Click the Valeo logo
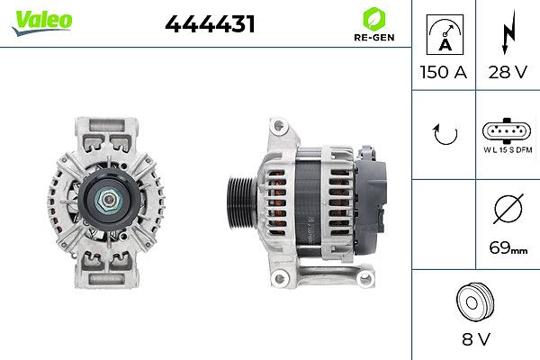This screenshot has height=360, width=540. point(42,22)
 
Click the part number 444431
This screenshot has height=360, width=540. point(210,24)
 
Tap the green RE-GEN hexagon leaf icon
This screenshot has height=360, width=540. point(374,19)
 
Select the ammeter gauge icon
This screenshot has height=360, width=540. point(445,34)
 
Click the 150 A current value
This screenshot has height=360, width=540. point(444,72)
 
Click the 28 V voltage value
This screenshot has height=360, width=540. point(508,72)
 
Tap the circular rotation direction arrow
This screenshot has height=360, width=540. point(445,134)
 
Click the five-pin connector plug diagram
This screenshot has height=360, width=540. point(507,130)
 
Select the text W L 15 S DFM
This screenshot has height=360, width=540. point(508,150)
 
